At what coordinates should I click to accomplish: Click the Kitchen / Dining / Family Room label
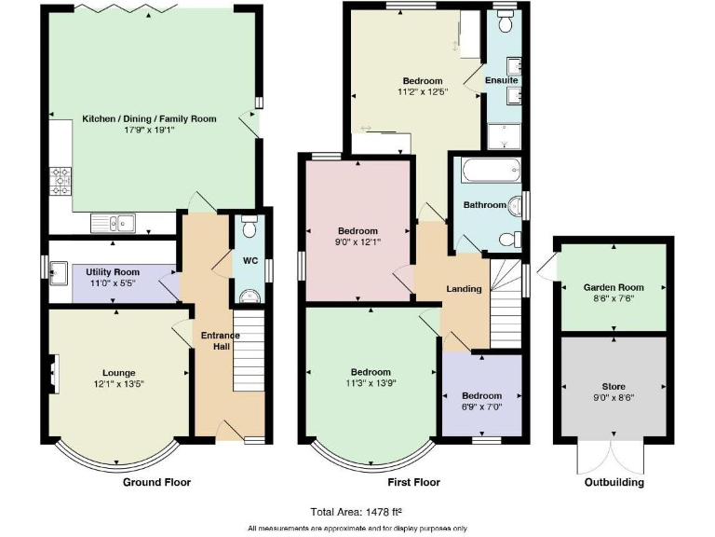tap(149, 118)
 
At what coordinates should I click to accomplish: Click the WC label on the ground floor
tap(250, 260)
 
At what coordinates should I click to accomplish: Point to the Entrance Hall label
tap(221, 341)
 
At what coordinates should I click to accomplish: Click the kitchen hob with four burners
tap(61, 180)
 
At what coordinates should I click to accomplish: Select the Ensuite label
tap(502, 81)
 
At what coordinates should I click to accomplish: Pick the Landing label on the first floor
tap(464, 289)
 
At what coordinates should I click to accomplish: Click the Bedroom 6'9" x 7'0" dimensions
tap(481, 407)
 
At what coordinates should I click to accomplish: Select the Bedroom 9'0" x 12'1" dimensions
tap(358, 242)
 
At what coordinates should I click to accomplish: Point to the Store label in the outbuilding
tap(614, 386)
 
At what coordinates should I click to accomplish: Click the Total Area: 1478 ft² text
tap(357, 511)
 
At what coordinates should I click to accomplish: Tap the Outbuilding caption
tap(614, 483)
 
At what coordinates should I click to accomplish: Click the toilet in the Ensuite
tap(506, 19)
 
